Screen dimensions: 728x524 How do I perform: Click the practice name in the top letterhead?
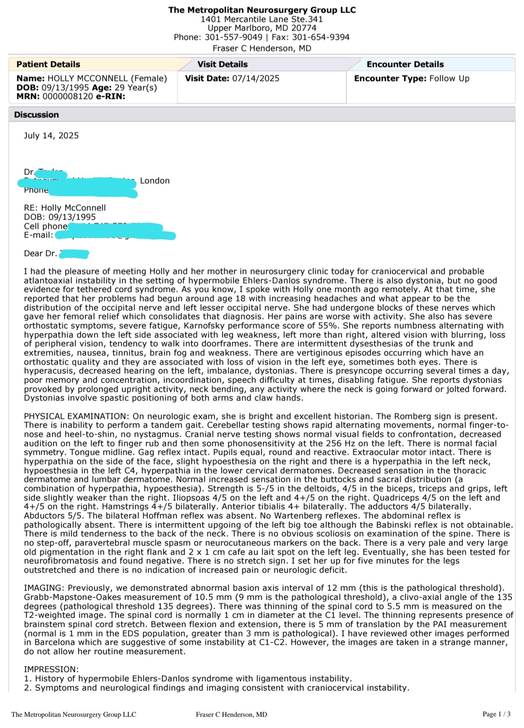(262, 10)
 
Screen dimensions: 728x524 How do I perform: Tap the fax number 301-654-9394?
(320, 37)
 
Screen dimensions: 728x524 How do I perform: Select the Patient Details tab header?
(48, 64)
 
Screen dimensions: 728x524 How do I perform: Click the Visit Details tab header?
(222, 64)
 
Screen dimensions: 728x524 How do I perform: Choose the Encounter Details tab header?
(405, 64)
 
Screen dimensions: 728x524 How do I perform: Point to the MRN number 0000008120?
(67, 96)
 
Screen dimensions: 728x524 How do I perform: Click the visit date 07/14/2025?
(256, 79)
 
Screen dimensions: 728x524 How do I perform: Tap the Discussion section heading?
(36, 115)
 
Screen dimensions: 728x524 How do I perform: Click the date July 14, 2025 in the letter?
(51, 136)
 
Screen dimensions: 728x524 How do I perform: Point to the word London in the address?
(155, 181)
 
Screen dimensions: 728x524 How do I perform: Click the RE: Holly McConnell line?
(65, 208)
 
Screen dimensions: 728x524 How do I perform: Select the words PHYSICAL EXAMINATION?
(75, 416)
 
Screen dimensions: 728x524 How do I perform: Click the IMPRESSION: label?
(51, 670)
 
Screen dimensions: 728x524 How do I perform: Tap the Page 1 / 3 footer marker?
(496, 714)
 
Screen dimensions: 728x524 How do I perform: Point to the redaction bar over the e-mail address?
(115, 236)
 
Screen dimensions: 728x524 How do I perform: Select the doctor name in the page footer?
(231, 714)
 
